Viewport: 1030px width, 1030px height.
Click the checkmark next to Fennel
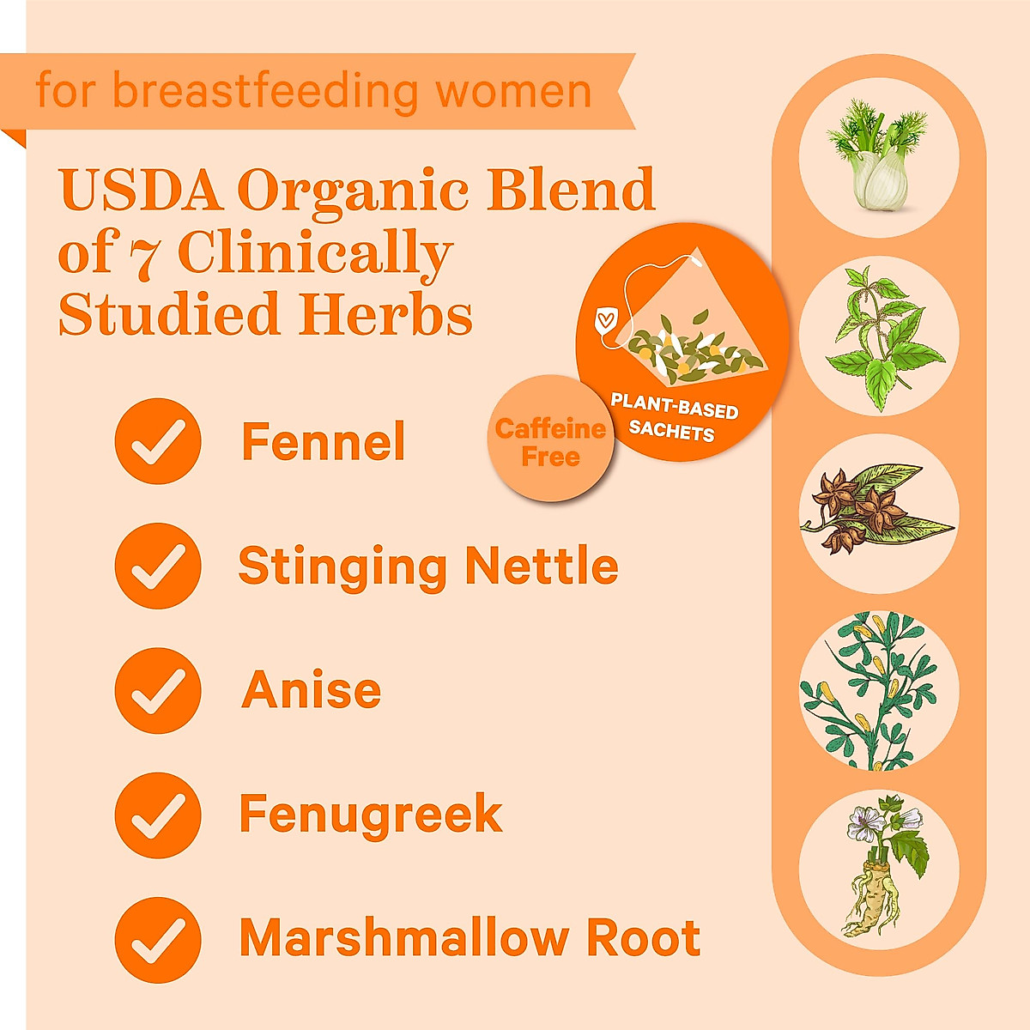(157, 441)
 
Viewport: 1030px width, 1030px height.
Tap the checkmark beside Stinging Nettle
(157, 566)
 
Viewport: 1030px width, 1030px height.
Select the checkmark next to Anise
(157, 690)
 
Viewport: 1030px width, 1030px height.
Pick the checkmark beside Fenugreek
(157, 815)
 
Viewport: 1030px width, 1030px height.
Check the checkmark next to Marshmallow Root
(157, 939)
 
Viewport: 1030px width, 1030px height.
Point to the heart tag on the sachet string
(605, 323)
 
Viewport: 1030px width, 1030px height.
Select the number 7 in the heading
(147, 255)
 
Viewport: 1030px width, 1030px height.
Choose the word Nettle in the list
(541, 566)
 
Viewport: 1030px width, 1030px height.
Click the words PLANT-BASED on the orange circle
(675, 405)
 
